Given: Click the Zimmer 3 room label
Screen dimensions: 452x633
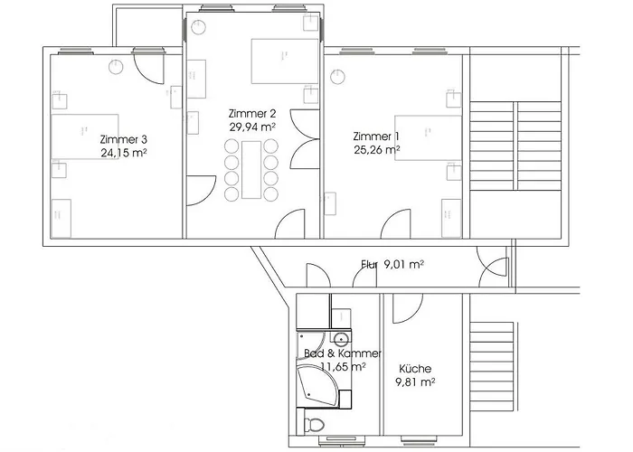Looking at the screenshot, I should click(124, 140).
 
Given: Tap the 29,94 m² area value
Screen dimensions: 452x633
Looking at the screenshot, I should click(252, 127).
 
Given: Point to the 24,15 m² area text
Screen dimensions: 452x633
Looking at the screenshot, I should click(124, 153).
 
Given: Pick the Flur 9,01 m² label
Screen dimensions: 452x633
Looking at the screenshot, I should click(392, 265).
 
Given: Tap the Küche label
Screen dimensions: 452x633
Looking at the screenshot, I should click(415, 369).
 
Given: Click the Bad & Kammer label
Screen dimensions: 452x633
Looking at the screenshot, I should click(343, 353).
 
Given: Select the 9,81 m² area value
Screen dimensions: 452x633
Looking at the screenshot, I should click(415, 382).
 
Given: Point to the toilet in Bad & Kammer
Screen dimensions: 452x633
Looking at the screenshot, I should click(315, 425).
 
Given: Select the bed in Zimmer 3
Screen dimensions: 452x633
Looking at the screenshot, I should click(85, 137).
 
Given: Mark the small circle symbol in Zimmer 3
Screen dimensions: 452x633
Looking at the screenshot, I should click(115, 65).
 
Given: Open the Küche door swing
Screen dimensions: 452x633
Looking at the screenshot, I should click(404, 307).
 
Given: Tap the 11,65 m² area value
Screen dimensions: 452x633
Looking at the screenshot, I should click(343, 367).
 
